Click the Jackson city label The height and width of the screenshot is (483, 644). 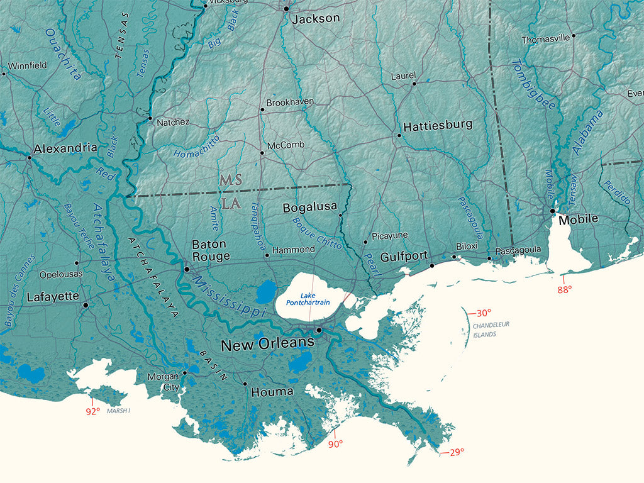tap(315, 19)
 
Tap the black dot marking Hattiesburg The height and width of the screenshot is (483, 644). tap(399, 135)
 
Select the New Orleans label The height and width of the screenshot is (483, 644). tap(267, 343)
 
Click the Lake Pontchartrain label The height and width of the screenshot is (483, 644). tap(308, 299)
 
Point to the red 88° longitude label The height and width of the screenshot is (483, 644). tap(565, 290)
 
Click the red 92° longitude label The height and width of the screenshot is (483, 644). tap(92, 412)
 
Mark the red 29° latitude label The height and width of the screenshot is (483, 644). tap(457, 452)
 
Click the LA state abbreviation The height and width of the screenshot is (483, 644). tap(230, 204)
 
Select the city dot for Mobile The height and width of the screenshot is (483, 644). tap(552, 211)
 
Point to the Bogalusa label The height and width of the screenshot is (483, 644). tap(309, 207)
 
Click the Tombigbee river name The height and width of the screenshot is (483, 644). tap(533, 84)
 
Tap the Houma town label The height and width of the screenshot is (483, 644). tap(272, 392)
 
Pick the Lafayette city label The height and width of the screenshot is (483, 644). tap(53, 297)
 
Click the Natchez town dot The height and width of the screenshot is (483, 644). tap(150, 118)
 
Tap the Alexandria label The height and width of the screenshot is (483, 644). tap(65, 148)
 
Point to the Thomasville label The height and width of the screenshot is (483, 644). tap(545, 40)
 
